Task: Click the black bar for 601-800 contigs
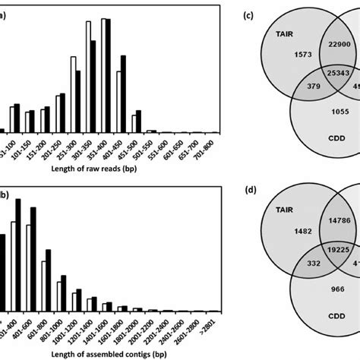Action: (x=49, y=279)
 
